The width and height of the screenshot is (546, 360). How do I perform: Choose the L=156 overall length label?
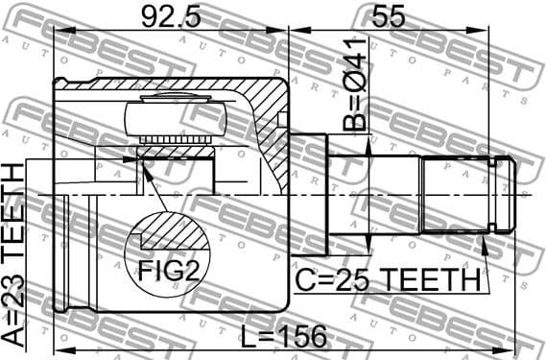pos(284,336)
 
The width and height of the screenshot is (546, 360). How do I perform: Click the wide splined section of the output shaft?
pos(455,195)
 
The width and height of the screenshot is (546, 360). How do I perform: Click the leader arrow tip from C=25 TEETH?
pos(488,236)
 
